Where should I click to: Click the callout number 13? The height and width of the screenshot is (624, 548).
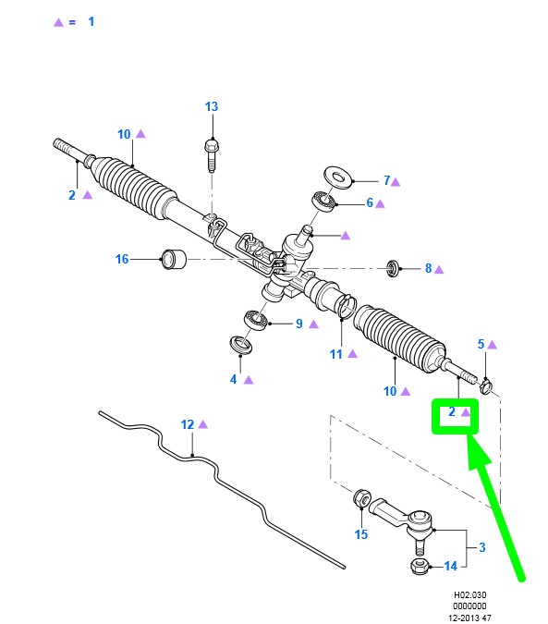(x=212, y=106)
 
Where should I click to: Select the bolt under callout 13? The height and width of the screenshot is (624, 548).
(x=212, y=155)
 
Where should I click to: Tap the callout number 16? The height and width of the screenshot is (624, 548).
(x=122, y=260)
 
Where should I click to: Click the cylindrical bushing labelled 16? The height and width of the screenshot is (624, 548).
(x=174, y=259)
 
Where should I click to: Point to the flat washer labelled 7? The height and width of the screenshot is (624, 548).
(x=338, y=177)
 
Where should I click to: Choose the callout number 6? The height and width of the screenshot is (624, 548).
(x=370, y=203)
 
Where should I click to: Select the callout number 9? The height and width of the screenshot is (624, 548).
(x=299, y=324)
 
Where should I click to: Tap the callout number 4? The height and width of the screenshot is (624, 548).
(x=234, y=380)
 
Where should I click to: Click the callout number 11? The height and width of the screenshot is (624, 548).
(x=336, y=355)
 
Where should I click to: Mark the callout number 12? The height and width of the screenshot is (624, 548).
(x=188, y=425)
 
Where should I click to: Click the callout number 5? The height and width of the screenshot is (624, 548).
(x=481, y=344)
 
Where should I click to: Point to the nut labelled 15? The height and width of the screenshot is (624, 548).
(x=362, y=498)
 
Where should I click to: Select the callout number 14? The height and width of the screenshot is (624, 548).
(x=451, y=567)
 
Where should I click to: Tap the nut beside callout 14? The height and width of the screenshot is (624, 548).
(x=420, y=566)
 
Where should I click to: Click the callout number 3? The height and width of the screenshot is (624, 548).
(x=482, y=547)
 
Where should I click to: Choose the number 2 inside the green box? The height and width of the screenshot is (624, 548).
(x=452, y=412)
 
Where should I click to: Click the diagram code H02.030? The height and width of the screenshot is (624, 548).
(x=470, y=595)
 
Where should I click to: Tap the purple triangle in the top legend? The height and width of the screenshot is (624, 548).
(x=58, y=22)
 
